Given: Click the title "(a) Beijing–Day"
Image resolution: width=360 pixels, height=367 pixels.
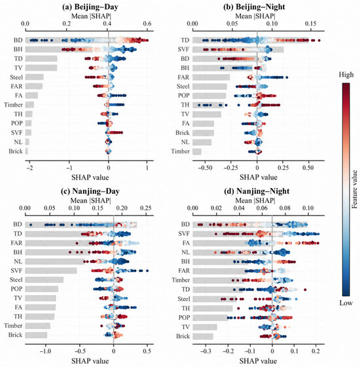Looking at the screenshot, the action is tap(90, 7).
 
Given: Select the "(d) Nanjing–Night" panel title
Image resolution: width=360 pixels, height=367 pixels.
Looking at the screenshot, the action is tap(257, 191).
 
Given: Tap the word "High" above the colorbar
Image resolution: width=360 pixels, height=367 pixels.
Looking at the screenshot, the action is tap(346, 75).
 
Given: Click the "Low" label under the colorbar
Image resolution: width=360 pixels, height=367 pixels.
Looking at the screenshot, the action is tap(346, 303).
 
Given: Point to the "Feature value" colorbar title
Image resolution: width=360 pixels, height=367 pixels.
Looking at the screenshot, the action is tap(355, 189).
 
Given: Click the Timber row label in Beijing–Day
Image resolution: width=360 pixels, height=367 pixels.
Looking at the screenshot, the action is tap(13, 105).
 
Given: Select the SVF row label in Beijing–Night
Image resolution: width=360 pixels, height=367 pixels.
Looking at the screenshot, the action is tap(183, 49).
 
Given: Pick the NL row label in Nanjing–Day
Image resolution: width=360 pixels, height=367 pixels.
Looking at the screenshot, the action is tap(18, 261).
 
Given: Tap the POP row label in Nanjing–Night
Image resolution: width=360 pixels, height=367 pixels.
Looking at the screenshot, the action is tap(184, 317).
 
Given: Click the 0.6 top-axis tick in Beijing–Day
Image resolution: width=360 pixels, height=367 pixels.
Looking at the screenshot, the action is tap(147, 24).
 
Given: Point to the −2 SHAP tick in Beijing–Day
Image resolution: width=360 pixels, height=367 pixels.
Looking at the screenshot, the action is tap(29, 168).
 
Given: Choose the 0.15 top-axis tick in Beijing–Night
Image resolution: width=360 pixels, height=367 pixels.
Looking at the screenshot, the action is tap(311, 24).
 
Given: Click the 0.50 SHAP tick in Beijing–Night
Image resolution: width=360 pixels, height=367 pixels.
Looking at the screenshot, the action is tap(308, 168).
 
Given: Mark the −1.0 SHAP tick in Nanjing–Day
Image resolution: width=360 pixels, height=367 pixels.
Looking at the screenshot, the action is tap(45, 351).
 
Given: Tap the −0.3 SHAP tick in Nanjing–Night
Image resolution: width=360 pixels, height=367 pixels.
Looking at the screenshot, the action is tap(206, 351).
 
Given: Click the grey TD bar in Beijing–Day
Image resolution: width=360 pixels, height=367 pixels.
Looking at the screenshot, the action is tap(41, 58).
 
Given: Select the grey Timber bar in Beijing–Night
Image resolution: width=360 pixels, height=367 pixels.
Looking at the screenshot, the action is tap(197, 151).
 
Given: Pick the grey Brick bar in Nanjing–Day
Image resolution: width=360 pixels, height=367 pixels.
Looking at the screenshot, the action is tap(36, 335).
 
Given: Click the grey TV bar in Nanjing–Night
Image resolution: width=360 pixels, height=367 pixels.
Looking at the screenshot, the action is tap(205, 327).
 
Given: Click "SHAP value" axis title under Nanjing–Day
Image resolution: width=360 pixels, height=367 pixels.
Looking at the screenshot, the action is tap(90, 360).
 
